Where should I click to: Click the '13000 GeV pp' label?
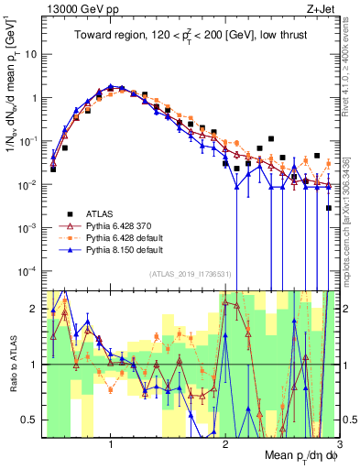pyautogui.click(x=73, y=8)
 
